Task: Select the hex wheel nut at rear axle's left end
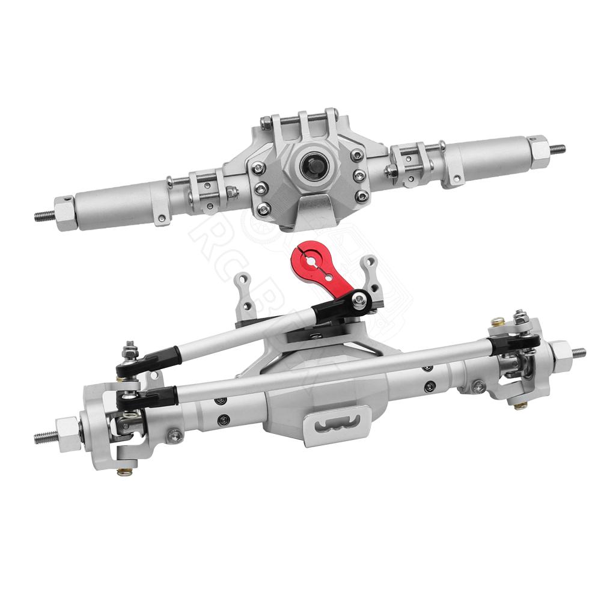click(x=66, y=212)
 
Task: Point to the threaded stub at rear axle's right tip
click(x=558, y=148)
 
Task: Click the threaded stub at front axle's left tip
click(x=45, y=437)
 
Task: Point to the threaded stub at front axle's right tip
click(x=579, y=352)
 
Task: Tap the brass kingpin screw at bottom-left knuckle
click(x=124, y=471)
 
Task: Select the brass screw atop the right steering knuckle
click(x=498, y=322)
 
